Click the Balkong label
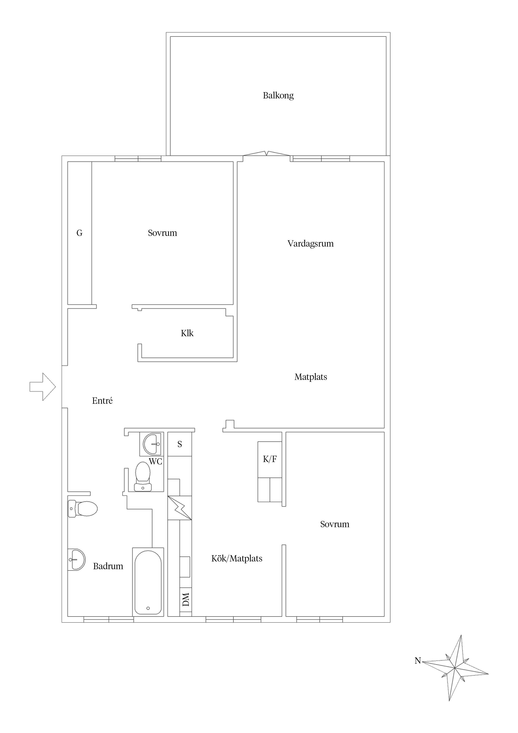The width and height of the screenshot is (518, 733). pos(278,95)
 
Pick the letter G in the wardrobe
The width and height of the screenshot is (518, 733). pos(79,233)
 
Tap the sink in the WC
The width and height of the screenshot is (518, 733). pos(152,444)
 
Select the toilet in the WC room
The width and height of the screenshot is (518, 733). pos(143,476)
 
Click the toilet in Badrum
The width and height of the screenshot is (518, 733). pos(83,509)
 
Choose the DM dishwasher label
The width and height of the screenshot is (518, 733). pos(186,599)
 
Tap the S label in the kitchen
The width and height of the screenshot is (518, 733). pos(180,444)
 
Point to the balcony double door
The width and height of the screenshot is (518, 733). pos(267,154)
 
